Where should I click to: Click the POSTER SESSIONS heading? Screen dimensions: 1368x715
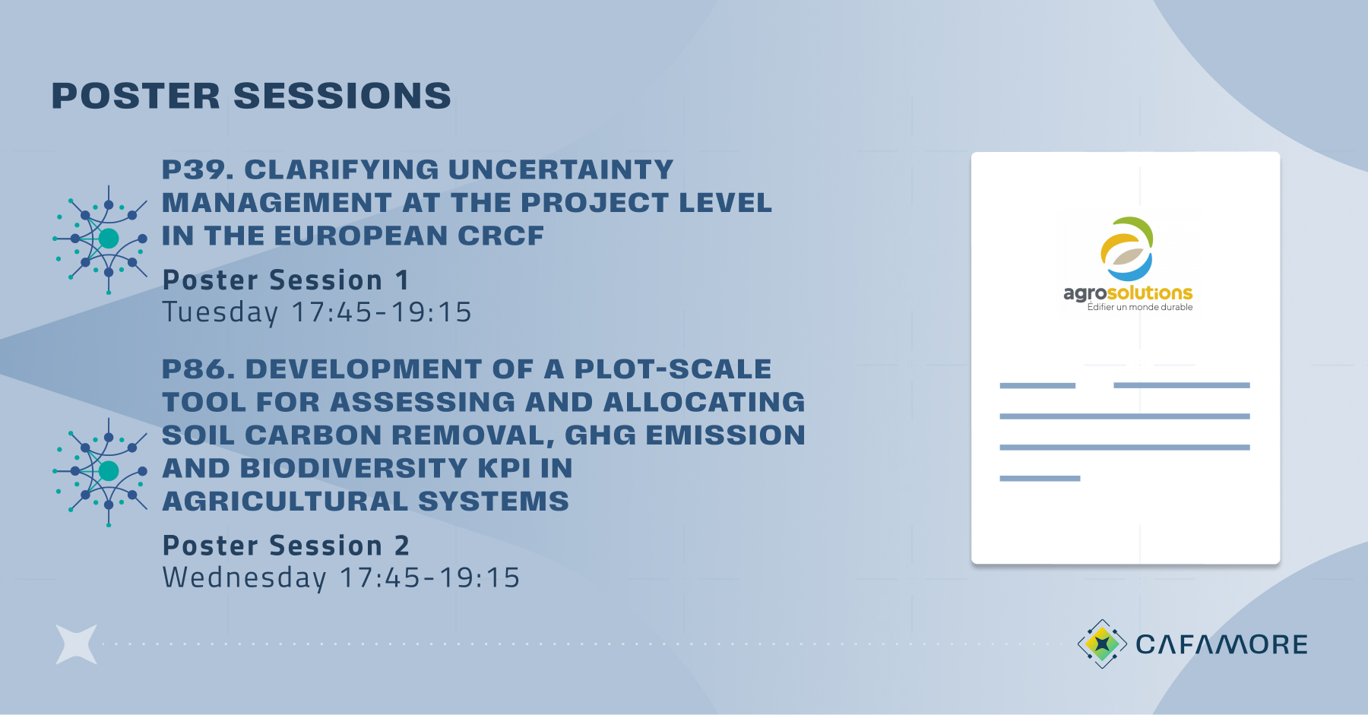(x=251, y=96)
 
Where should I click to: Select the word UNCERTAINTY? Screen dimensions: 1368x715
(x=561, y=169)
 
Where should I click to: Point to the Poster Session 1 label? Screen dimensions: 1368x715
(x=286, y=280)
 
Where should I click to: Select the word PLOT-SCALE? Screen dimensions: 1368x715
(x=673, y=369)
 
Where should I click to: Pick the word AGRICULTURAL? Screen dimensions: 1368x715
(x=286, y=501)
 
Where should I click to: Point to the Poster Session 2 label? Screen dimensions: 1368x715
(x=286, y=546)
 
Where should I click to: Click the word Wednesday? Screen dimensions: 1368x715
(x=245, y=578)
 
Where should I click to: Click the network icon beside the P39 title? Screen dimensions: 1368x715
(x=100, y=239)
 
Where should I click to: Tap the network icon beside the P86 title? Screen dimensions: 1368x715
(x=100, y=472)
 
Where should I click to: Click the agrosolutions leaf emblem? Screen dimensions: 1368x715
(x=1127, y=249)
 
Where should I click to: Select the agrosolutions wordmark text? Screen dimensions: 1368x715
(x=1128, y=293)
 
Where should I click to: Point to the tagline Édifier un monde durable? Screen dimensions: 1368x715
(x=1140, y=307)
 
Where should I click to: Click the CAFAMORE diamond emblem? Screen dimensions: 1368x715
(x=1102, y=644)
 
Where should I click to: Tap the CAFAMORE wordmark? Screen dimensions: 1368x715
(x=1221, y=644)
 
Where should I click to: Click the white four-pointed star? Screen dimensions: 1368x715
(x=77, y=644)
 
